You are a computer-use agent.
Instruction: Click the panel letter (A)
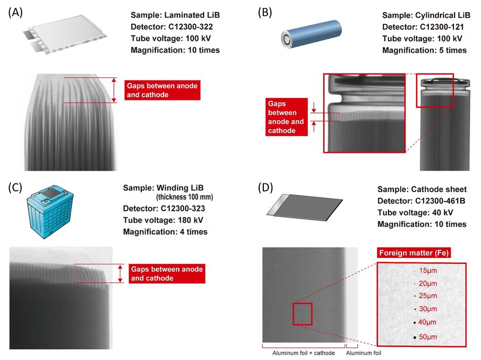15,13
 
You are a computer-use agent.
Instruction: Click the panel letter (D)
265,187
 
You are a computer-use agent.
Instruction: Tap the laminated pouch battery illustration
65,34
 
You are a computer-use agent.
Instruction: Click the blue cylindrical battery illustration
311,34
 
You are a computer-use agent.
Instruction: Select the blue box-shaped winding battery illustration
50,212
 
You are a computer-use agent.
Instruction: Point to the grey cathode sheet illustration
304,207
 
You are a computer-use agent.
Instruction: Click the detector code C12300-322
190,27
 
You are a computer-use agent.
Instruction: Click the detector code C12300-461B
440,201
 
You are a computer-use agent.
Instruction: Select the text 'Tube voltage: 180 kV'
163,220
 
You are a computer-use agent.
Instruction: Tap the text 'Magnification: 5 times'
424,50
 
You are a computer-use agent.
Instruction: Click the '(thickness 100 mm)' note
184,197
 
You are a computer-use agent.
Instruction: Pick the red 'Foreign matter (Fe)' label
414,253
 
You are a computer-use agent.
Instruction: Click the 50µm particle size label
428,337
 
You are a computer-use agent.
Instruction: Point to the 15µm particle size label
428,270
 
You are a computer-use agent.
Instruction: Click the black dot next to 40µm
415,323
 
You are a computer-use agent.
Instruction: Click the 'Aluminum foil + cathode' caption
303,353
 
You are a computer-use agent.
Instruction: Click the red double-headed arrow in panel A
114,90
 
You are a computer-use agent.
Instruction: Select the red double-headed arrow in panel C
121,273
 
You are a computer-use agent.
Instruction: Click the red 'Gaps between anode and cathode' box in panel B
287,117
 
